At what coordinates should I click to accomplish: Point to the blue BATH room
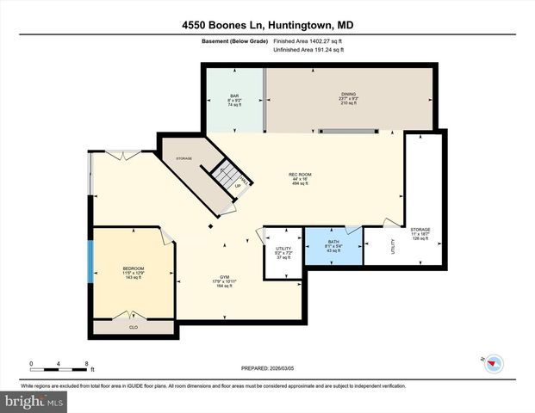(333, 250)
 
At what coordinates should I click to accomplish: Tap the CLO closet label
(134, 328)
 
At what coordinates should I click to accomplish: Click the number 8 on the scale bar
(87, 363)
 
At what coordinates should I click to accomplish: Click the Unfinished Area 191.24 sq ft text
(308, 50)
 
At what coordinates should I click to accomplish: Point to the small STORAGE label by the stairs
(184, 158)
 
